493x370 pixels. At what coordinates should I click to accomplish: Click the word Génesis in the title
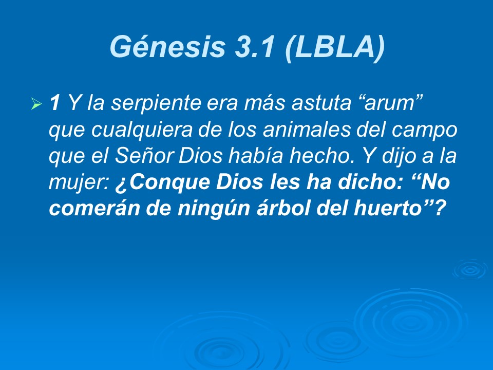click(167, 47)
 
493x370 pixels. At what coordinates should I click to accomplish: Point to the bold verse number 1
click(54, 104)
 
